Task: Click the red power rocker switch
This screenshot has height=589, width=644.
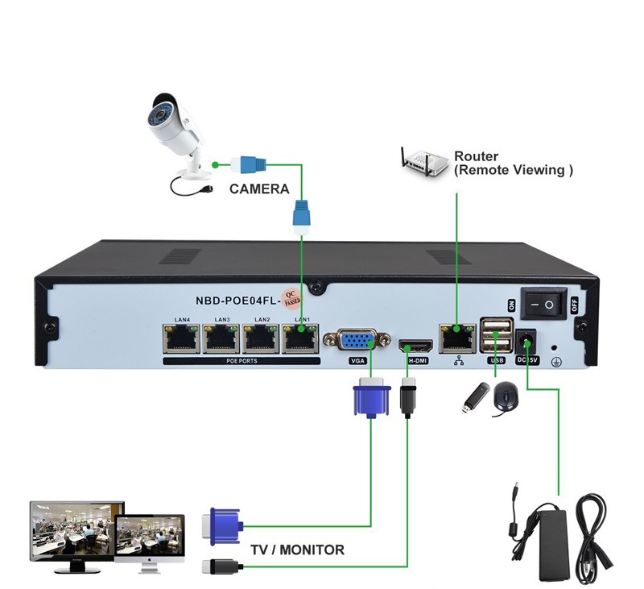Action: (545, 304)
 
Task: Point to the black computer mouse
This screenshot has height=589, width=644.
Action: (505, 398)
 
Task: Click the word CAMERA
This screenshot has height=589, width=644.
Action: (258, 189)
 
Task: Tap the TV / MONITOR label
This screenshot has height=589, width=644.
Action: (297, 550)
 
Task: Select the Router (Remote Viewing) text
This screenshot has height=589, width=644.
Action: (513, 164)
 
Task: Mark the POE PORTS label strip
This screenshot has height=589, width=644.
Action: (242, 361)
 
